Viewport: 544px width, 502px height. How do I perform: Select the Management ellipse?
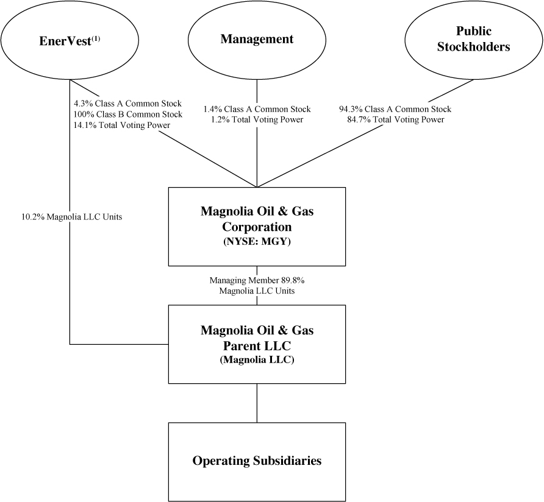257,40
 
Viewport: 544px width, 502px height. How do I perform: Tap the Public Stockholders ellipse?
473,40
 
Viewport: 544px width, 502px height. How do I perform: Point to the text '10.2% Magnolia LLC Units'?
71,216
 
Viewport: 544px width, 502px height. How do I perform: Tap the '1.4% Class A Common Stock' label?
257,110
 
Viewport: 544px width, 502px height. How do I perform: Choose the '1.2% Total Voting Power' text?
257,120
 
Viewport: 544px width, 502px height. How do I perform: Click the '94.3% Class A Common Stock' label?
395,110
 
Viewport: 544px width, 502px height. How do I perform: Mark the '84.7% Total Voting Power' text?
395,120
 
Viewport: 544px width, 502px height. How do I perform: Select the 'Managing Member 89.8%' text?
257,281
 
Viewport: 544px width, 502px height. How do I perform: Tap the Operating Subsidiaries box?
257,461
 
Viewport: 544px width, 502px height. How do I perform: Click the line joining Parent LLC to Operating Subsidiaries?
257,403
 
